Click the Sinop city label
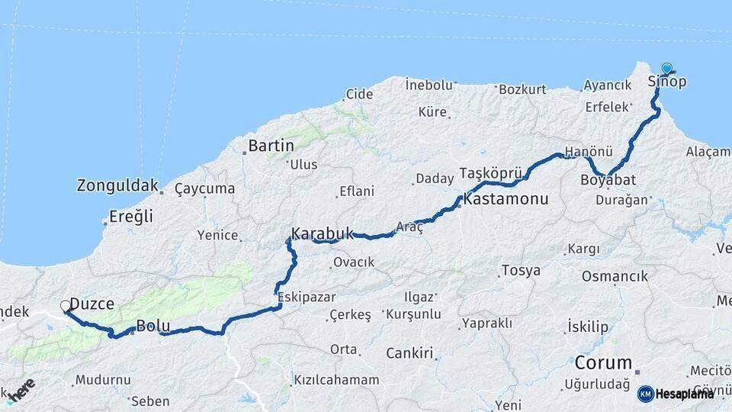pos(666,82)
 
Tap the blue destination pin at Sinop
pos(667,69)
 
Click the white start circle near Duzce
pos(66,307)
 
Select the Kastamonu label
pos(506,201)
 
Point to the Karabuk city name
pos(322,233)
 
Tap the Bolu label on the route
pos(152,327)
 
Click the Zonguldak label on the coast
pos(117,185)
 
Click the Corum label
pos(603,362)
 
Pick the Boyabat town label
pos(608,180)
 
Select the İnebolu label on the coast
pos(429,83)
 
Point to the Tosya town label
pos(521,270)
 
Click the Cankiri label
pos(409,353)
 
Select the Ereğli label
pos(130,216)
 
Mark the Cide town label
pos(359,95)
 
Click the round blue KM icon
pos(645,394)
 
